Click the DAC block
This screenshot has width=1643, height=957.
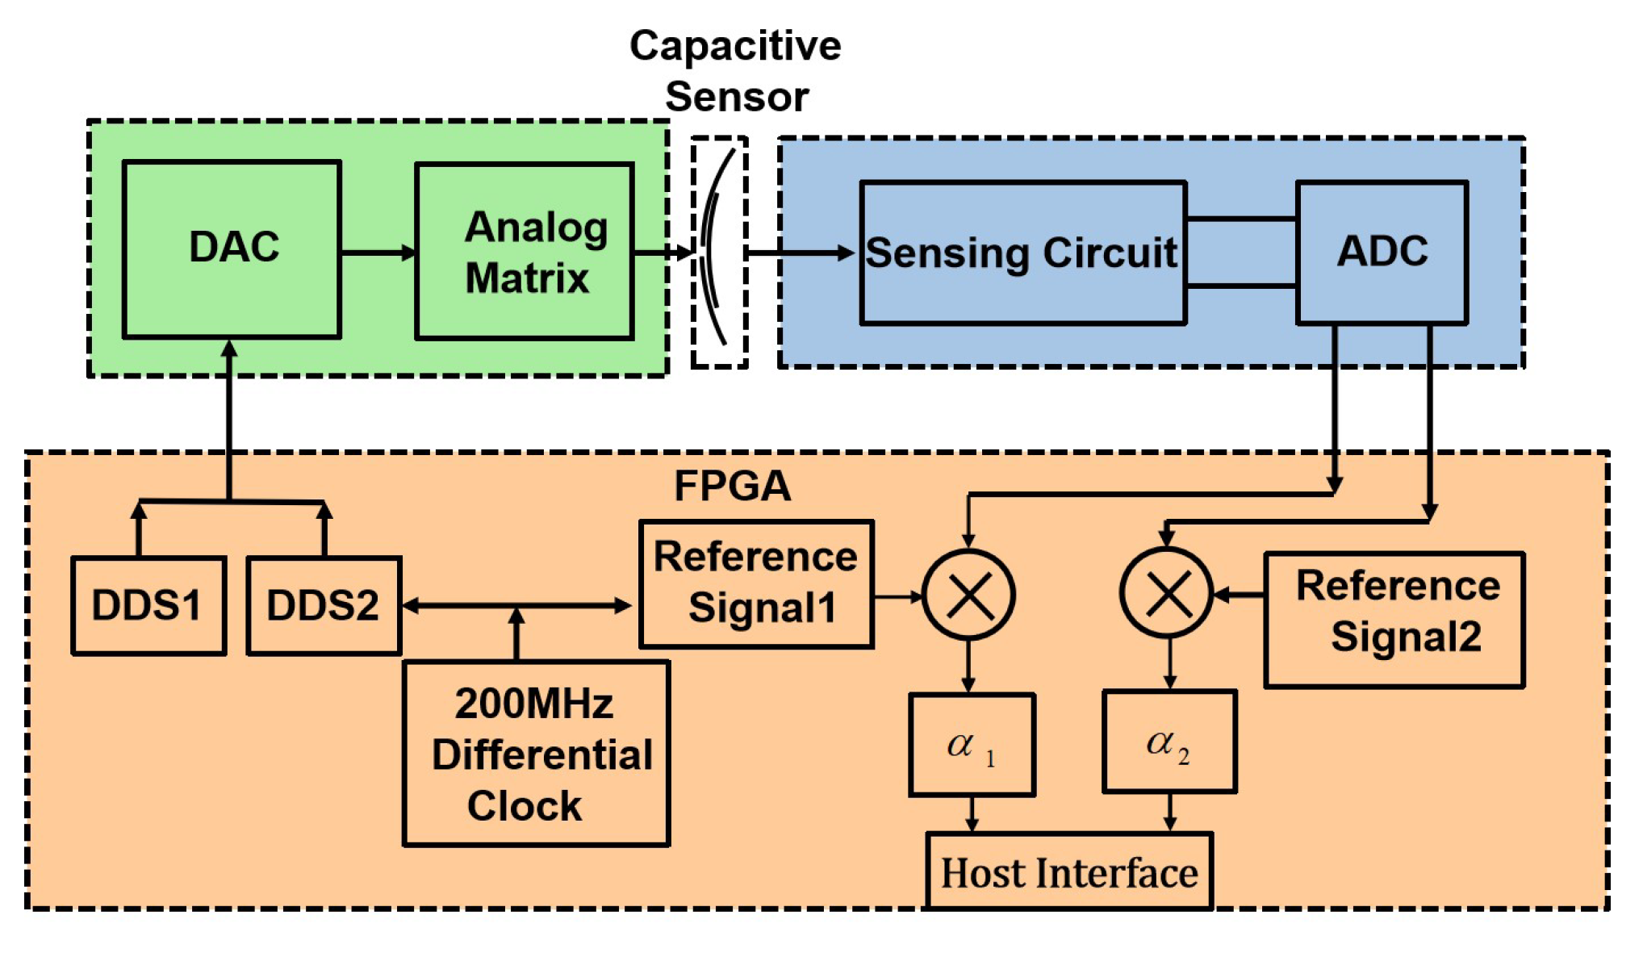click(x=232, y=249)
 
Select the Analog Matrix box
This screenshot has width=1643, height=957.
click(x=525, y=251)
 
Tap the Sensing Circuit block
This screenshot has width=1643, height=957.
click(x=1022, y=253)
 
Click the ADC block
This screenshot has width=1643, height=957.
click(x=1382, y=252)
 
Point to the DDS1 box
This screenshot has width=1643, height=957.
click(x=148, y=605)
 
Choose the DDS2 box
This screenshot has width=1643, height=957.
click(x=324, y=605)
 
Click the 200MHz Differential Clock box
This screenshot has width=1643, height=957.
click(x=536, y=753)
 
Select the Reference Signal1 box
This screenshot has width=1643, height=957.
click(x=756, y=583)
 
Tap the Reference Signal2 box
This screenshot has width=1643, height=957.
click(x=1394, y=619)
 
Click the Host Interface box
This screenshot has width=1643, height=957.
click(x=1069, y=871)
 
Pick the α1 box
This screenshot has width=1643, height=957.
click(x=972, y=745)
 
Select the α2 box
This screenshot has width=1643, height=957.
click(x=1169, y=742)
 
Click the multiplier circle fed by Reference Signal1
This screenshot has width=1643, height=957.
click(x=968, y=596)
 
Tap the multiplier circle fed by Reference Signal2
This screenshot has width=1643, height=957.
click(x=1167, y=593)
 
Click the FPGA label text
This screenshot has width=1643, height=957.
click(x=732, y=486)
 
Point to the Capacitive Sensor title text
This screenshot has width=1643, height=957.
click(x=735, y=71)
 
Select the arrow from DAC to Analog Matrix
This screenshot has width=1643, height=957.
click(x=378, y=253)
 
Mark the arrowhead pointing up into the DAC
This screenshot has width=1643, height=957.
click(x=230, y=349)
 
